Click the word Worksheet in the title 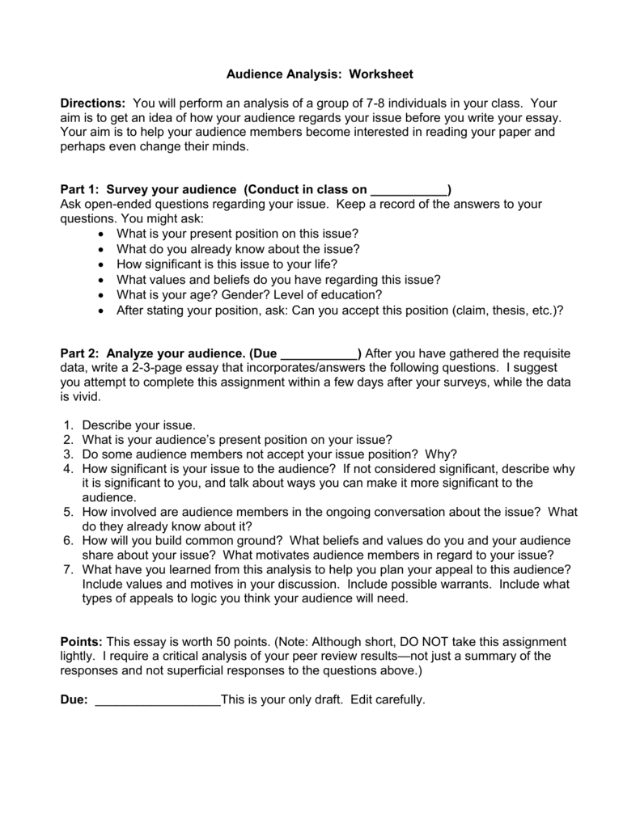point(382,74)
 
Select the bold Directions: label point(93,103)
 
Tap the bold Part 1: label point(81,190)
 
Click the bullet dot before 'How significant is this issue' point(100,264)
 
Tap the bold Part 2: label point(81,353)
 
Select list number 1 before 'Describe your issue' point(66,425)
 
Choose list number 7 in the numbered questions point(66,569)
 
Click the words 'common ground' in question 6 point(228,540)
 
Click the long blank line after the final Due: point(158,699)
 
